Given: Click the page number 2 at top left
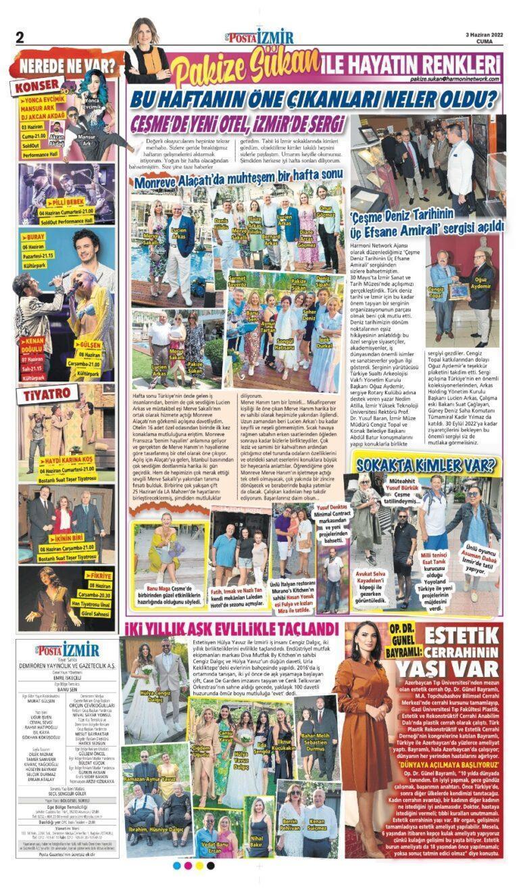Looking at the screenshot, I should [x=20, y=36].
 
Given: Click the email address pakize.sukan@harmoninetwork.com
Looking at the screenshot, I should [x=453, y=79].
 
